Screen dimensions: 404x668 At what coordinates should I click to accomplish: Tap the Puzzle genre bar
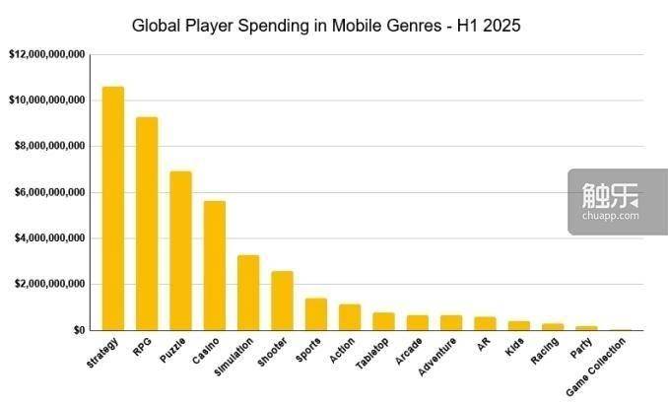tap(180, 251)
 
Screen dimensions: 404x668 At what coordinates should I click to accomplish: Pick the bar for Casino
tap(215, 266)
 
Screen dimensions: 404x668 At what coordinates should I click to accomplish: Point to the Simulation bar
tap(248, 293)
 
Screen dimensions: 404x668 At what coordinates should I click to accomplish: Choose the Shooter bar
tap(282, 301)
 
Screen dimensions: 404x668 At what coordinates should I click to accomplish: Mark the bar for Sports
tap(315, 314)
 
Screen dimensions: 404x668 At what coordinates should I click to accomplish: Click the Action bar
tap(350, 317)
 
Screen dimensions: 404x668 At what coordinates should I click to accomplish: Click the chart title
tap(326, 25)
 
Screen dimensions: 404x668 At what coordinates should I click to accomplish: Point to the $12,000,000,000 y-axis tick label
tap(46, 54)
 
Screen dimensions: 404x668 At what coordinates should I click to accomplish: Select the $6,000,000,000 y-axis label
tap(49, 192)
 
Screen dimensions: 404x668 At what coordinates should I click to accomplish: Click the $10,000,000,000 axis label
tap(46, 101)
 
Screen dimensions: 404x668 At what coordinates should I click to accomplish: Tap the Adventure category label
tap(439, 354)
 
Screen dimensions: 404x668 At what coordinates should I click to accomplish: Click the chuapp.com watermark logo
tap(618, 202)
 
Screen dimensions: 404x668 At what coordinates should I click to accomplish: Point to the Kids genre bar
tap(518, 325)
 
